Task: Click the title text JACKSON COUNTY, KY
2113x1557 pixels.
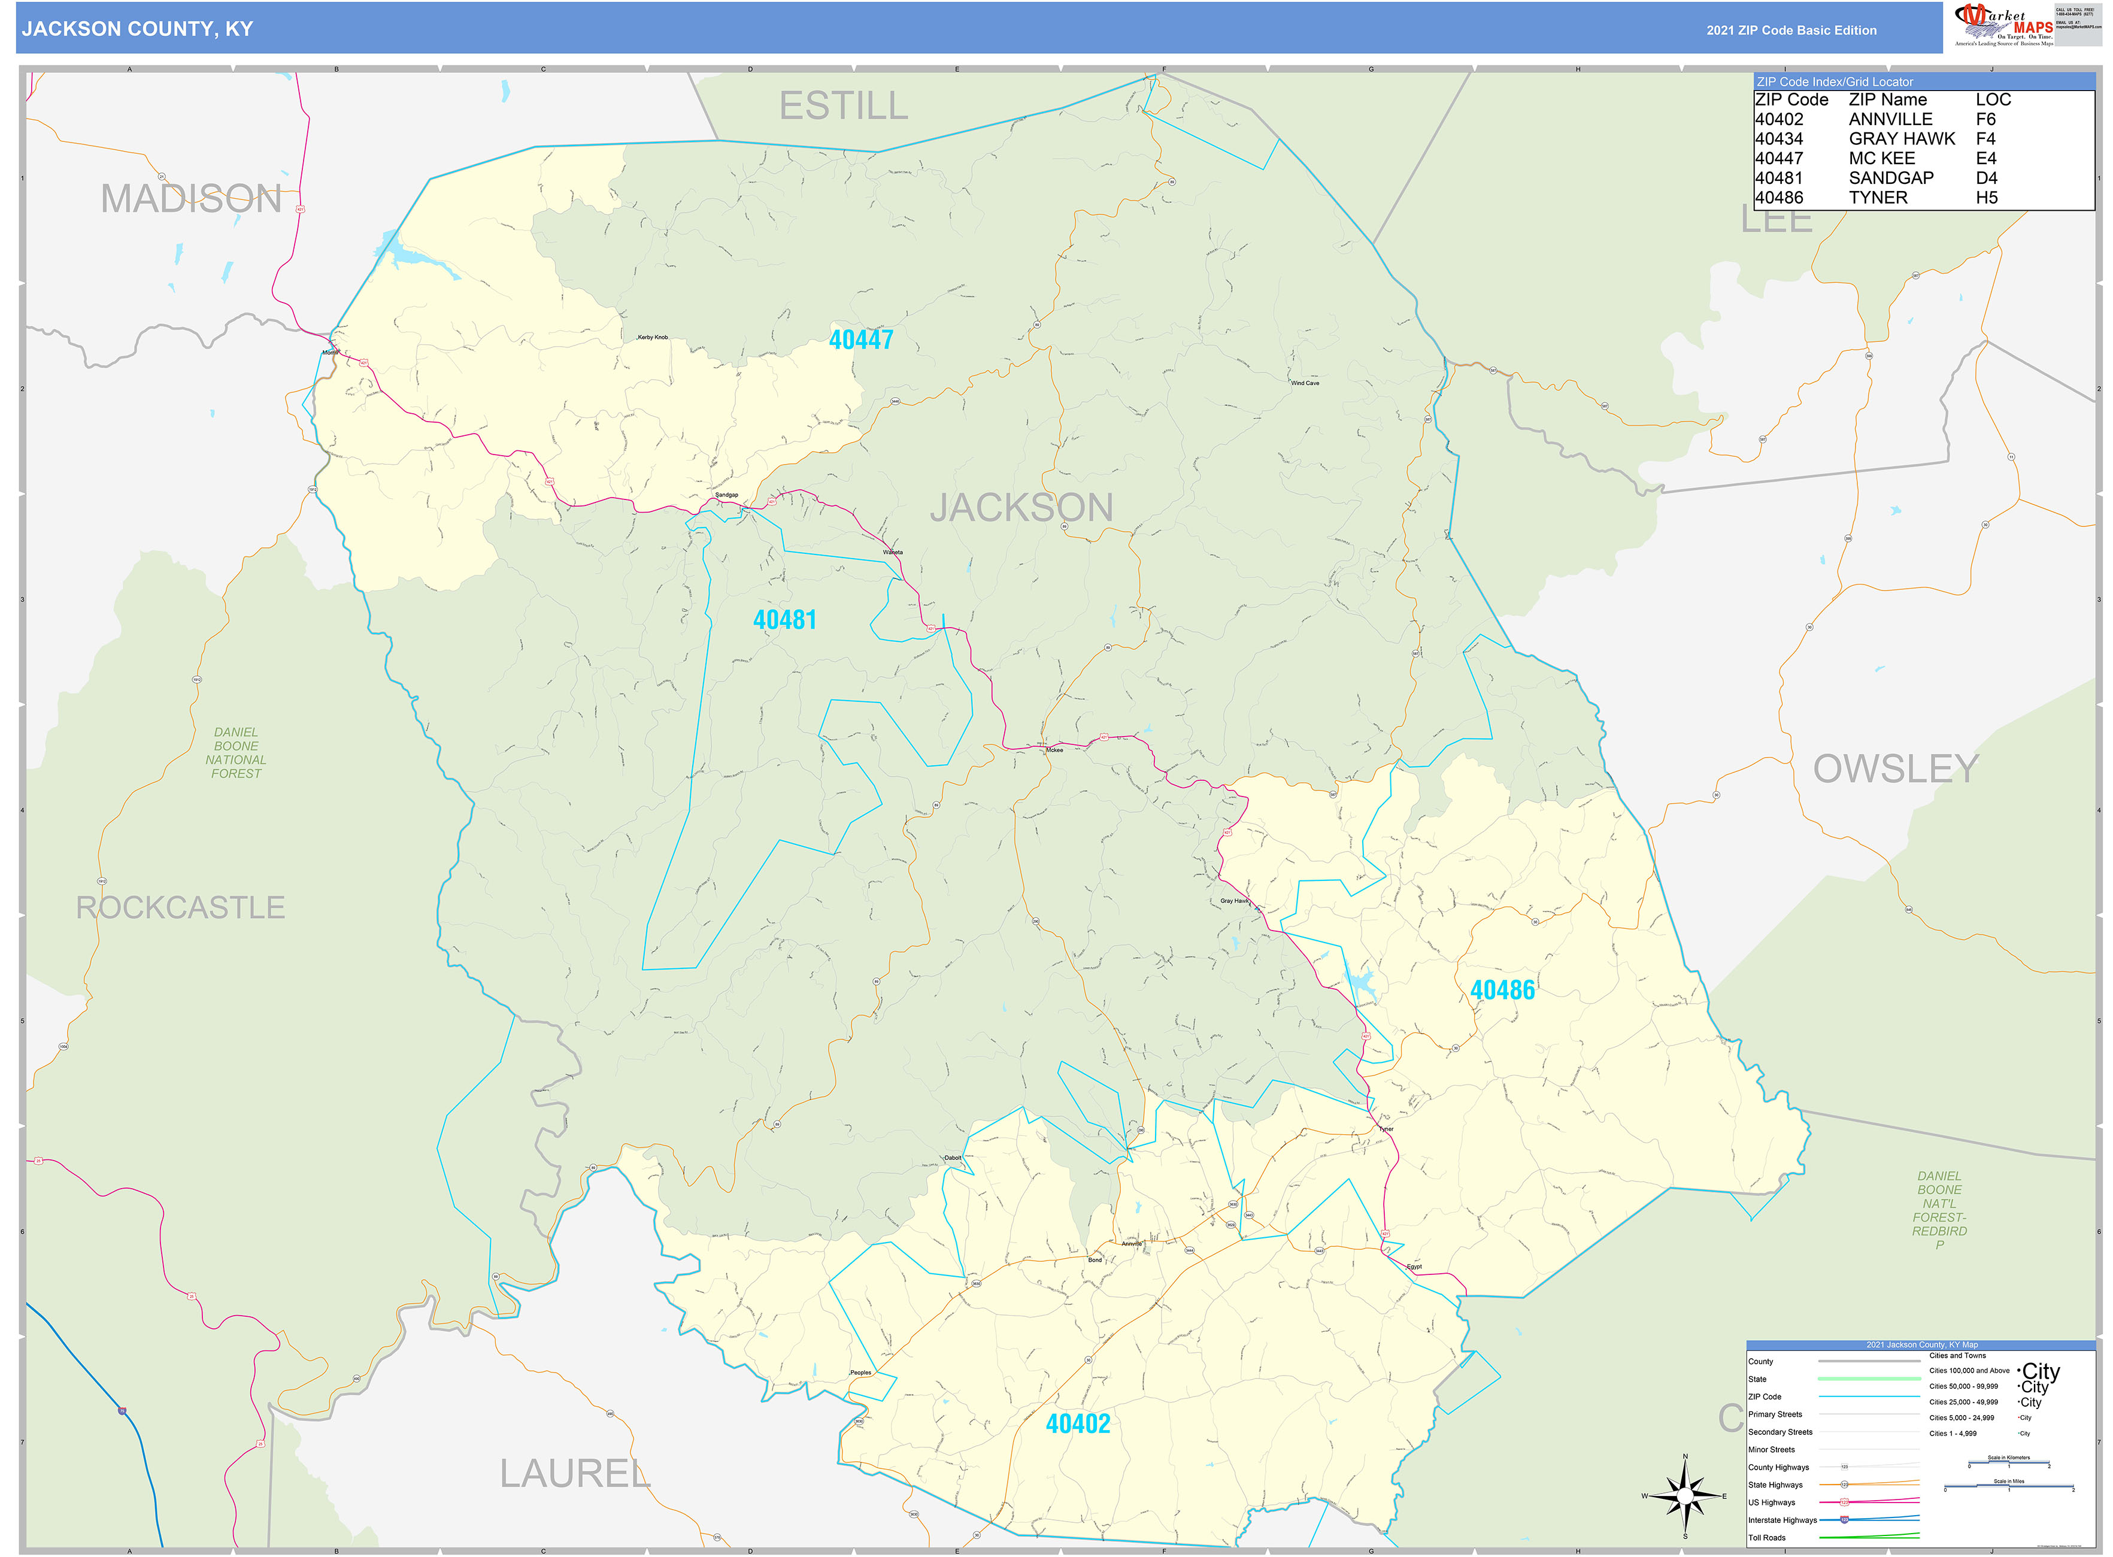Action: (138, 29)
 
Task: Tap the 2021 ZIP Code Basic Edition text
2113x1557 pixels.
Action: (1791, 30)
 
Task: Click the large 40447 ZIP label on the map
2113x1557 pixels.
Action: (860, 340)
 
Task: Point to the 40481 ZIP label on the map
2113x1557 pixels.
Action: (784, 620)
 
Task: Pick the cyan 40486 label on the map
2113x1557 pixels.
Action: (1502, 990)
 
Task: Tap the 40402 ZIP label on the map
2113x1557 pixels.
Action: (1077, 1424)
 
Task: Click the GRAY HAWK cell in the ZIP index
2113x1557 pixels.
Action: (1901, 138)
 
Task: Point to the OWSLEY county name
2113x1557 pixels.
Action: (1895, 769)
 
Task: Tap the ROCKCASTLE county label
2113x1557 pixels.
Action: (180, 908)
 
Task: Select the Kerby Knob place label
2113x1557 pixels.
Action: (652, 337)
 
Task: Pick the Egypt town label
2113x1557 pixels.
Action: (1414, 1267)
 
